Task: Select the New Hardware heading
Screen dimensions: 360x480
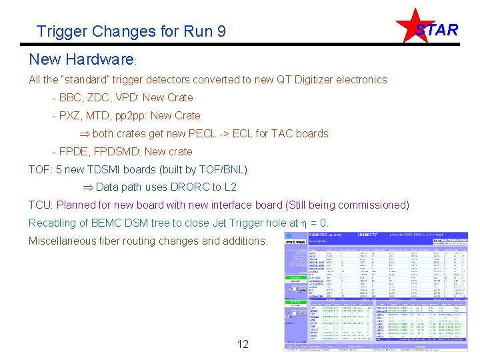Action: [81, 59]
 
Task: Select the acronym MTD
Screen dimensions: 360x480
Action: [101, 115]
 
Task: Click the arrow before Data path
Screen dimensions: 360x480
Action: [87, 187]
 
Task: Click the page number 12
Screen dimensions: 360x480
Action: [243, 344]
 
